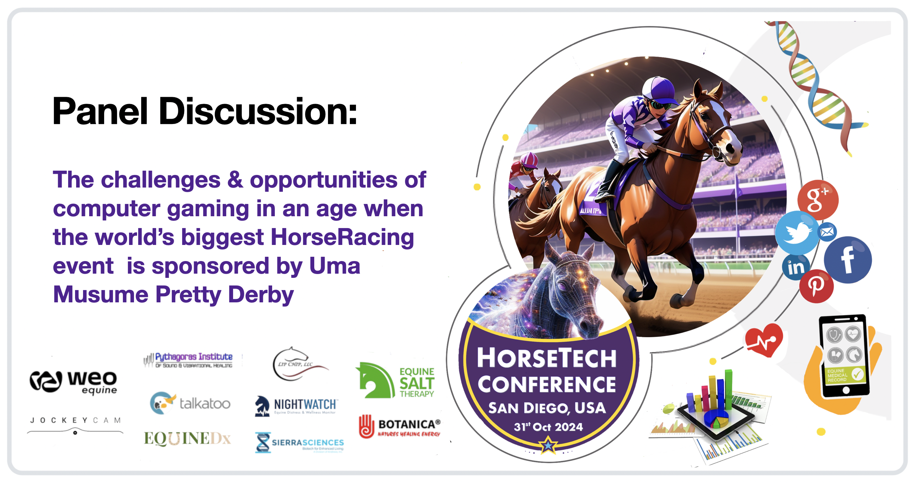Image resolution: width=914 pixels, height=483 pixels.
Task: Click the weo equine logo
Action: [73, 382]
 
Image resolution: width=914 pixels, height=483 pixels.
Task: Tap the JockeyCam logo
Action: [75, 424]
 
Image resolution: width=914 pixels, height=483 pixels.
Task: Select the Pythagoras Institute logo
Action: [188, 360]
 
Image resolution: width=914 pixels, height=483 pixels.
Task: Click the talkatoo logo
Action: [190, 403]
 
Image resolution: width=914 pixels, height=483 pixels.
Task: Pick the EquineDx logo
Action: [187, 438]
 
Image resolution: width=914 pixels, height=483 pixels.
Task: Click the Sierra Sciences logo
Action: [299, 443]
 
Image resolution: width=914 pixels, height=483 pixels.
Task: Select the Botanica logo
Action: [400, 426]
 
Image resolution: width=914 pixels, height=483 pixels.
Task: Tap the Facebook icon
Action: [847, 260]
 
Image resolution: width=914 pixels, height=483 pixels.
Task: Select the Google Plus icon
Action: [818, 199]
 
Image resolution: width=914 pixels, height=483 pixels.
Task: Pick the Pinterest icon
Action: [816, 286]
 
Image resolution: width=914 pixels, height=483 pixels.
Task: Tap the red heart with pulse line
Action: [764, 340]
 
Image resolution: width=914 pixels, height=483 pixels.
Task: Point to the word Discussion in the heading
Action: [258, 111]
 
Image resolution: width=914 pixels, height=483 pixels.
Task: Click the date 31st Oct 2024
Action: [548, 427]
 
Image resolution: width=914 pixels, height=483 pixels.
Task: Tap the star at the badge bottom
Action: [548, 445]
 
